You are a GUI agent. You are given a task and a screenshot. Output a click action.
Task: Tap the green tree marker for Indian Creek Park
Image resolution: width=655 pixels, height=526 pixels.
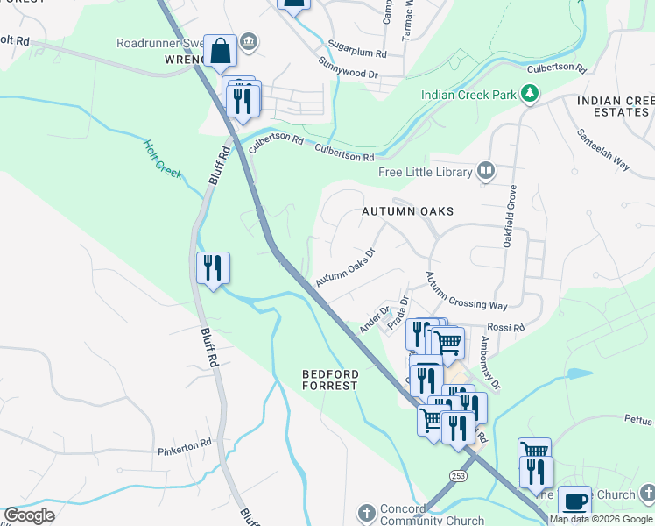529,92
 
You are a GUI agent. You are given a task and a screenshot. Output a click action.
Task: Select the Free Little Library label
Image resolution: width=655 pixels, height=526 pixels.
425,172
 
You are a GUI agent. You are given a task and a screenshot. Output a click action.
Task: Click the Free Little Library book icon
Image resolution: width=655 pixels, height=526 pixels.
486,171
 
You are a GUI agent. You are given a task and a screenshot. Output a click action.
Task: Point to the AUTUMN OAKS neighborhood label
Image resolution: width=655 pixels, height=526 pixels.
409,211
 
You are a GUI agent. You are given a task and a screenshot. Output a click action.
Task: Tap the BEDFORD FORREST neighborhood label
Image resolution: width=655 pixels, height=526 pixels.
330,380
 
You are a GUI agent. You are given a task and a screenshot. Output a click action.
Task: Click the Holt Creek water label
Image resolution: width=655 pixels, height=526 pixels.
163,160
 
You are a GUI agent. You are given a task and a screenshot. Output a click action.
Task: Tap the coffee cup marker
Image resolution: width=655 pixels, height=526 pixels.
574,501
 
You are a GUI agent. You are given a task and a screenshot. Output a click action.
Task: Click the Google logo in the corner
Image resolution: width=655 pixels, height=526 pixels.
29,515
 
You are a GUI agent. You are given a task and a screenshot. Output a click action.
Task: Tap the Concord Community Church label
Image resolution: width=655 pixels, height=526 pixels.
420,515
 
